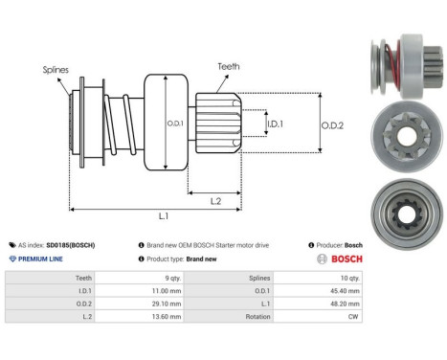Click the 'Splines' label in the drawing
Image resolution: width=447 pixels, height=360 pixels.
[x=56, y=70]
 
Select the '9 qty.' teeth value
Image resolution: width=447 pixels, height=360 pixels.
[x=170, y=276]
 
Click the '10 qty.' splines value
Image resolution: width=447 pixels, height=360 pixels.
[x=350, y=276]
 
